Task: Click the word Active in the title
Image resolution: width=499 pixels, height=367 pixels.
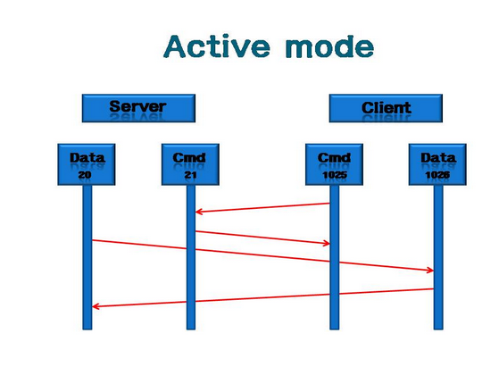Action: tap(217, 46)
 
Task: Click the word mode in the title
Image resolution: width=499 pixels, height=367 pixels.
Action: tap(330, 47)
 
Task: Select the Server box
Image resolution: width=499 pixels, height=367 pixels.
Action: tap(138, 108)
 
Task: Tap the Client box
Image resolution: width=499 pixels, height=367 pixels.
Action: tap(386, 108)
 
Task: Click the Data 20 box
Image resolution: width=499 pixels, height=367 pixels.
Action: tap(87, 164)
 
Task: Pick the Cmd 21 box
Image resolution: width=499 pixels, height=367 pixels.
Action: tap(190, 164)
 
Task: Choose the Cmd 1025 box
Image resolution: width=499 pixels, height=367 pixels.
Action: tap(334, 164)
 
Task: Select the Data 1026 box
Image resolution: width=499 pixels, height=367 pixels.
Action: tap(437, 164)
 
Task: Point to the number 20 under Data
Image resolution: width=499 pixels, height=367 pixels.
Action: tap(85, 175)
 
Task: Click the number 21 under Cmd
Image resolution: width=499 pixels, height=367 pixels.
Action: tap(190, 175)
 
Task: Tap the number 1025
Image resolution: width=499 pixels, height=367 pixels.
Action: tap(335, 175)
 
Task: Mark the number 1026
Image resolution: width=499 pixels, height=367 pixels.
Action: tap(437, 175)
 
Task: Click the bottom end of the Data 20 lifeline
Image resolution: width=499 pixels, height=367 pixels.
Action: tap(87, 329)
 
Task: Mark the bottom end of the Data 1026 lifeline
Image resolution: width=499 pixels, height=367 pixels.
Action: tap(438, 329)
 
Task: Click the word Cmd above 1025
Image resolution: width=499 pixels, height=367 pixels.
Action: tap(334, 158)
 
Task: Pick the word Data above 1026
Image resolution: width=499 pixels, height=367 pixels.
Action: tap(438, 158)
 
